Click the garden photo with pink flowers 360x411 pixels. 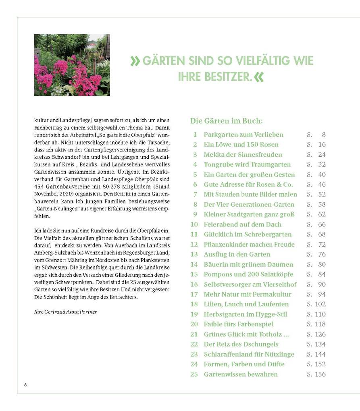(72, 65)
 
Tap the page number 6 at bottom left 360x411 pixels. (25, 384)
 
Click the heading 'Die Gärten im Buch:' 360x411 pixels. (226, 121)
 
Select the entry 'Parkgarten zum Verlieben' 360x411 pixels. (243, 135)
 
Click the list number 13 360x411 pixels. (194, 254)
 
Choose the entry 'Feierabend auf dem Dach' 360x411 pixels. (243, 224)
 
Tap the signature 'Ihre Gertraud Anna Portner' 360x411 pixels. (65, 311)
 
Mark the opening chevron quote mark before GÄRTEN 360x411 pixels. (135, 61)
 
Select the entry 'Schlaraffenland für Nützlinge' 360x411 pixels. (249, 354)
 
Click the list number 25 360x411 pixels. (194, 374)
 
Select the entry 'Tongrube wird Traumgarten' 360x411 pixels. (247, 164)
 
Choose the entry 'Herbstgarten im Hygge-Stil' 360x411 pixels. (246, 314)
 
